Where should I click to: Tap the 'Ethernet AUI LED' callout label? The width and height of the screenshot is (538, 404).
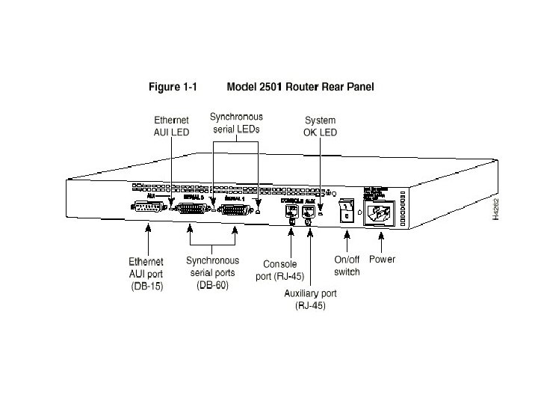(171, 126)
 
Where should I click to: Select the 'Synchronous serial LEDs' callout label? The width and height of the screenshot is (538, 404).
(236, 123)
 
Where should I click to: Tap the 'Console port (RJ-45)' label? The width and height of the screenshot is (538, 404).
(280, 269)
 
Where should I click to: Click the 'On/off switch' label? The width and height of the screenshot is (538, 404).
(347, 266)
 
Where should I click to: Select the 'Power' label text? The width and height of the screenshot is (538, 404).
(382, 260)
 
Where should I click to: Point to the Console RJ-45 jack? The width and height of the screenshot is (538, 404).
(291, 212)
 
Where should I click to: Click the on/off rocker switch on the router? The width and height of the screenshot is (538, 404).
(346, 211)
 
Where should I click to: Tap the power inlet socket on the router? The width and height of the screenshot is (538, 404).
(380, 213)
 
